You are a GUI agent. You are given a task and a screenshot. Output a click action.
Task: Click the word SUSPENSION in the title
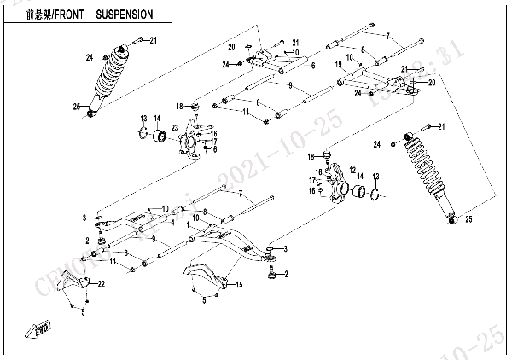coord(125,15)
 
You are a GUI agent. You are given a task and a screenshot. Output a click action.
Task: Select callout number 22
coord(101,283)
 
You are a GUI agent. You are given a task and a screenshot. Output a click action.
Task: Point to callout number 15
coord(240,284)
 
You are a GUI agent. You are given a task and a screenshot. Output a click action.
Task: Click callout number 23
coord(174,128)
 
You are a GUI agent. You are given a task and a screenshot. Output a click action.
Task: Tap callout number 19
coord(338,64)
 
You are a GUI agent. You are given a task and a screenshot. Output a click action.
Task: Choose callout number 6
coord(313,66)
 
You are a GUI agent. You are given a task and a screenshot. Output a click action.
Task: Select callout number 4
coord(173,223)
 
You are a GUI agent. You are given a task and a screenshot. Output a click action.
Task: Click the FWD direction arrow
coord(40,325)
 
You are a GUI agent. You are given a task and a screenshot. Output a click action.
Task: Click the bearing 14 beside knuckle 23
coord(158,137)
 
